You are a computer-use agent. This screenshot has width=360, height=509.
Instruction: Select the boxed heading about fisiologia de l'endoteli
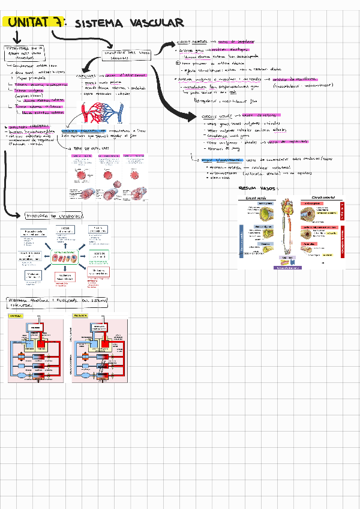[x=53, y=215]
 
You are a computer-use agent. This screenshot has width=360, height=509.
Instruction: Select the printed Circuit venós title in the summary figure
[x=259, y=197]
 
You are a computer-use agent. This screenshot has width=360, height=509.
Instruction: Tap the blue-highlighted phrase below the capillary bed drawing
[x=83, y=130]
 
